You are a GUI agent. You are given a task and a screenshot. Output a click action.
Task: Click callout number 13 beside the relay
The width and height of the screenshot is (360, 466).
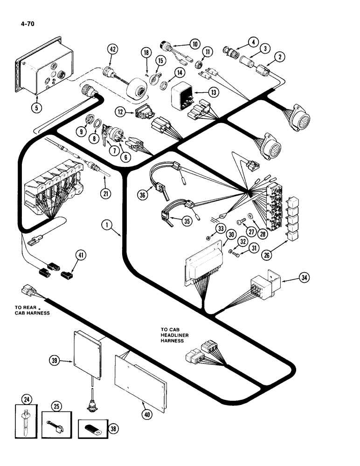[x=213, y=93]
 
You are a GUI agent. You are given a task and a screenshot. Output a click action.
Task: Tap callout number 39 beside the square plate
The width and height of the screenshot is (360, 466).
[x=55, y=359]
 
